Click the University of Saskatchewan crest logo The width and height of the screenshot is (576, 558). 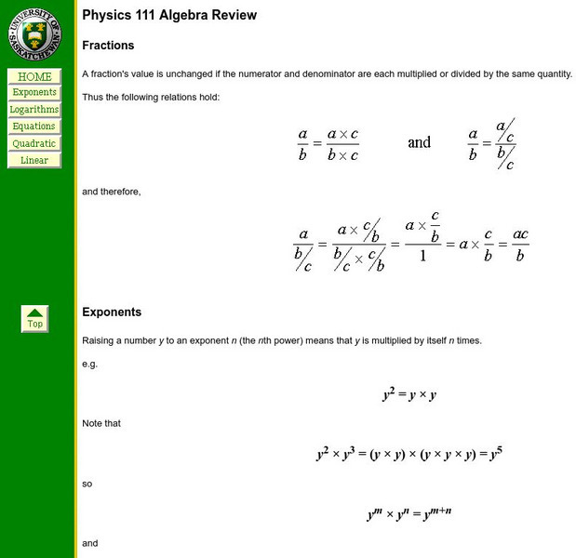click(x=34, y=34)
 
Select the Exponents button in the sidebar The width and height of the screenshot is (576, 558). click(x=34, y=93)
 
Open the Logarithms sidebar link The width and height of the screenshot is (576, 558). click(x=34, y=110)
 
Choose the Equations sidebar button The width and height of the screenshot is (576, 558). click(x=34, y=126)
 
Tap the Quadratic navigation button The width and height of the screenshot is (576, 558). click(x=34, y=143)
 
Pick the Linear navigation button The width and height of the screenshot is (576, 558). click(x=34, y=160)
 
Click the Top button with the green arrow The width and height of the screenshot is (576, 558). click(x=34, y=319)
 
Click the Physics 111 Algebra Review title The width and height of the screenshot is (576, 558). click(x=169, y=16)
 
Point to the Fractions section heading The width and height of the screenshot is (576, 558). click(x=108, y=46)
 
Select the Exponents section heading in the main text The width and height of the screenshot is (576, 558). click(x=112, y=312)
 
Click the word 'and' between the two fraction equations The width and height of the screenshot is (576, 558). click(x=419, y=142)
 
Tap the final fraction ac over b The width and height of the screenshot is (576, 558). click(x=520, y=246)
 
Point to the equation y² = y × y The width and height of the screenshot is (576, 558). click(x=409, y=394)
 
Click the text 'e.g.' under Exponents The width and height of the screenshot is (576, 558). click(x=89, y=364)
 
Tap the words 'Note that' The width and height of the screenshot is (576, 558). click(x=101, y=423)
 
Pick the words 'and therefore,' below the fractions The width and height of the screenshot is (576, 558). click(x=112, y=192)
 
